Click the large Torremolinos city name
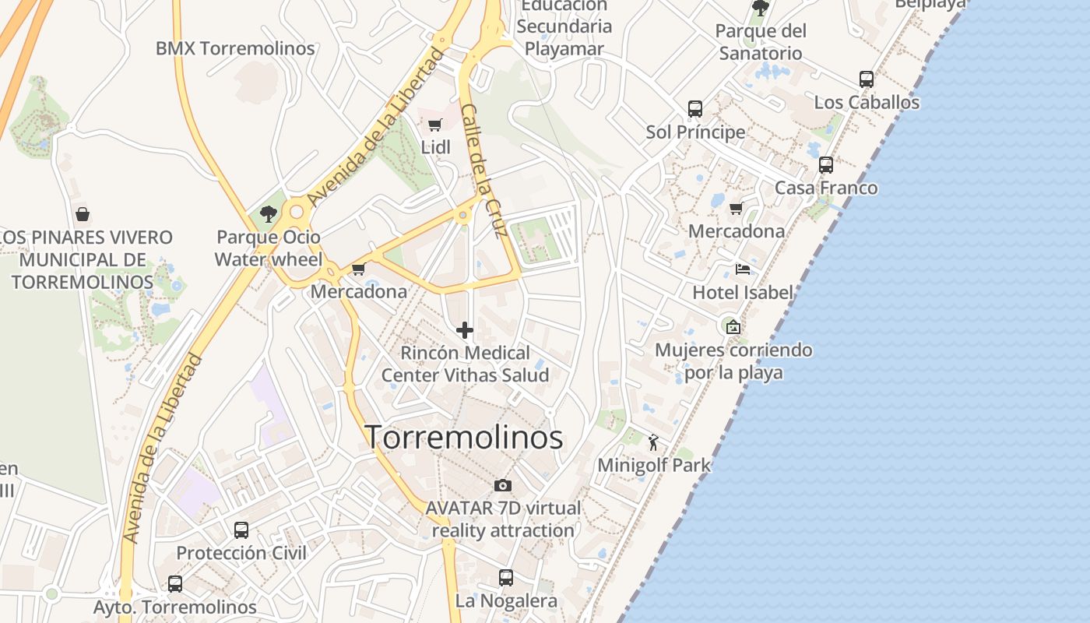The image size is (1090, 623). pyautogui.click(x=464, y=438)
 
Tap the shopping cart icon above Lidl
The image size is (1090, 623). pyautogui.click(x=435, y=125)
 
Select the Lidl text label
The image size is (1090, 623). pyautogui.click(x=435, y=147)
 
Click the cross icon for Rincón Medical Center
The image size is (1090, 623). pyautogui.click(x=465, y=330)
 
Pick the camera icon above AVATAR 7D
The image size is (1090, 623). pyautogui.click(x=503, y=485)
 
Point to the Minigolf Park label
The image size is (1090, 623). pyautogui.click(x=654, y=466)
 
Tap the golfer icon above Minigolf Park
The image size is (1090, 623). pyautogui.click(x=653, y=443)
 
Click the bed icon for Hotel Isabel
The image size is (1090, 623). pyautogui.click(x=743, y=269)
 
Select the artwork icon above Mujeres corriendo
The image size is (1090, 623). pyautogui.click(x=733, y=327)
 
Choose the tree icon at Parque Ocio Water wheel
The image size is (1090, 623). pyautogui.click(x=269, y=213)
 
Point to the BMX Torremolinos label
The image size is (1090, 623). pyautogui.click(x=235, y=48)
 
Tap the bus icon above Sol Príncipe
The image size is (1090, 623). pyautogui.click(x=695, y=109)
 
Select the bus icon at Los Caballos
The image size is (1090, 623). pyautogui.click(x=867, y=79)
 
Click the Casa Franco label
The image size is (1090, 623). pyautogui.click(x=825, y=188)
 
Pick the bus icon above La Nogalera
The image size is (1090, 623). pyautogui.click(x=506, y=578)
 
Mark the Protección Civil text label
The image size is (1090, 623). pyautogui.click(x=241, y=553)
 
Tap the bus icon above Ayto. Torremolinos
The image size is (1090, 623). pyautogui.click(x=175, y=583)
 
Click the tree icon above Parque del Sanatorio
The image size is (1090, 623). pyautogui.click(x=761, y=9)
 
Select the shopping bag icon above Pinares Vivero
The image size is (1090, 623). pyautogui.click(x=83, y=214)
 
